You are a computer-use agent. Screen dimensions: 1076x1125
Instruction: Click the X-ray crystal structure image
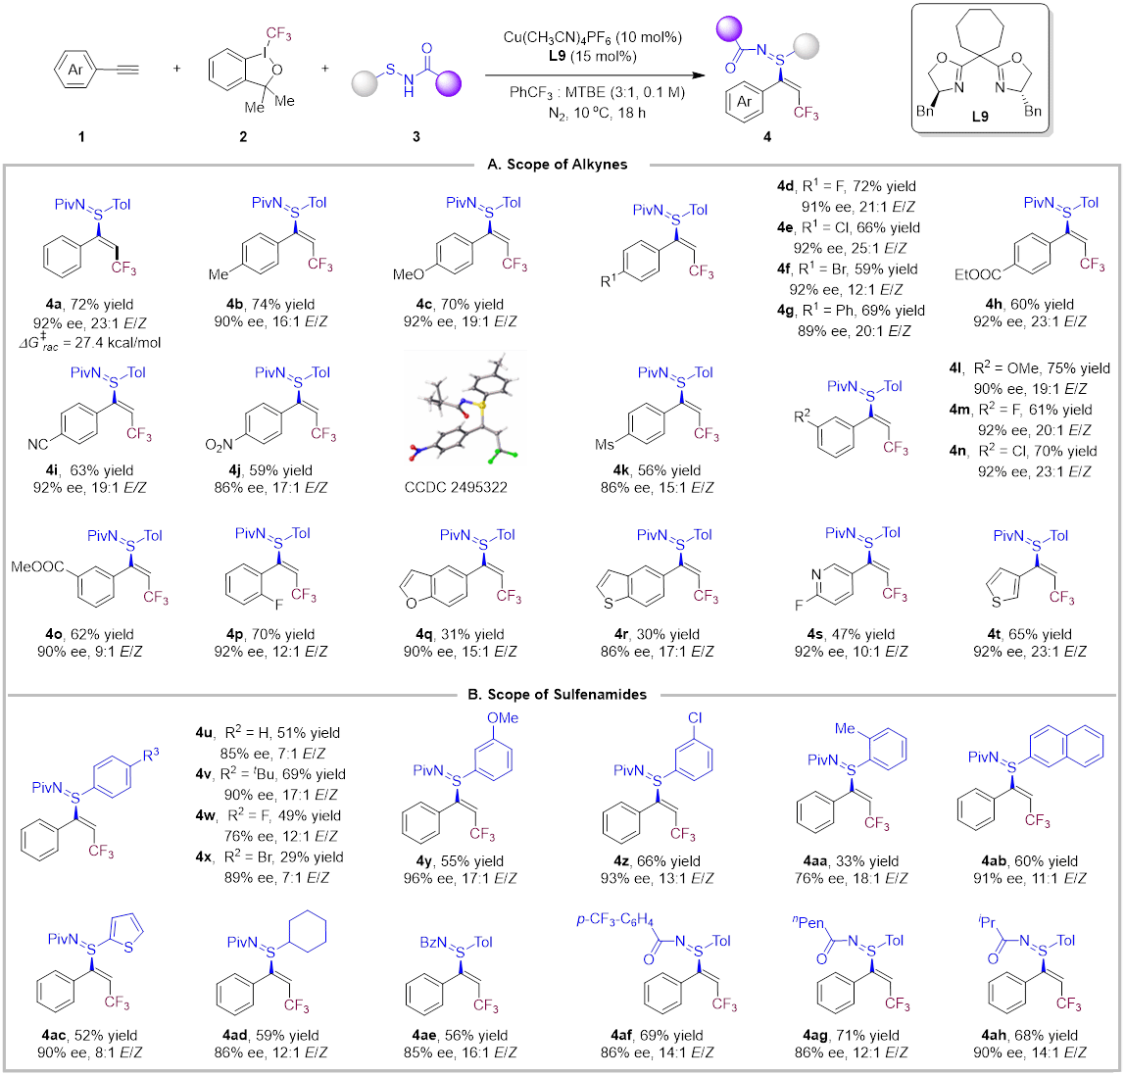click(x=465, y=407)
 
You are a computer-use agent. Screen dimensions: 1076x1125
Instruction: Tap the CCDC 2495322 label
click(x=465, y=486)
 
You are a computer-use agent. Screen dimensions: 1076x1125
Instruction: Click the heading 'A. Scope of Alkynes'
click(x=558, y=165)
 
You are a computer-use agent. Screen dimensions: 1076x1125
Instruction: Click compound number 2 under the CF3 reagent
click(x=243, y=136)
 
